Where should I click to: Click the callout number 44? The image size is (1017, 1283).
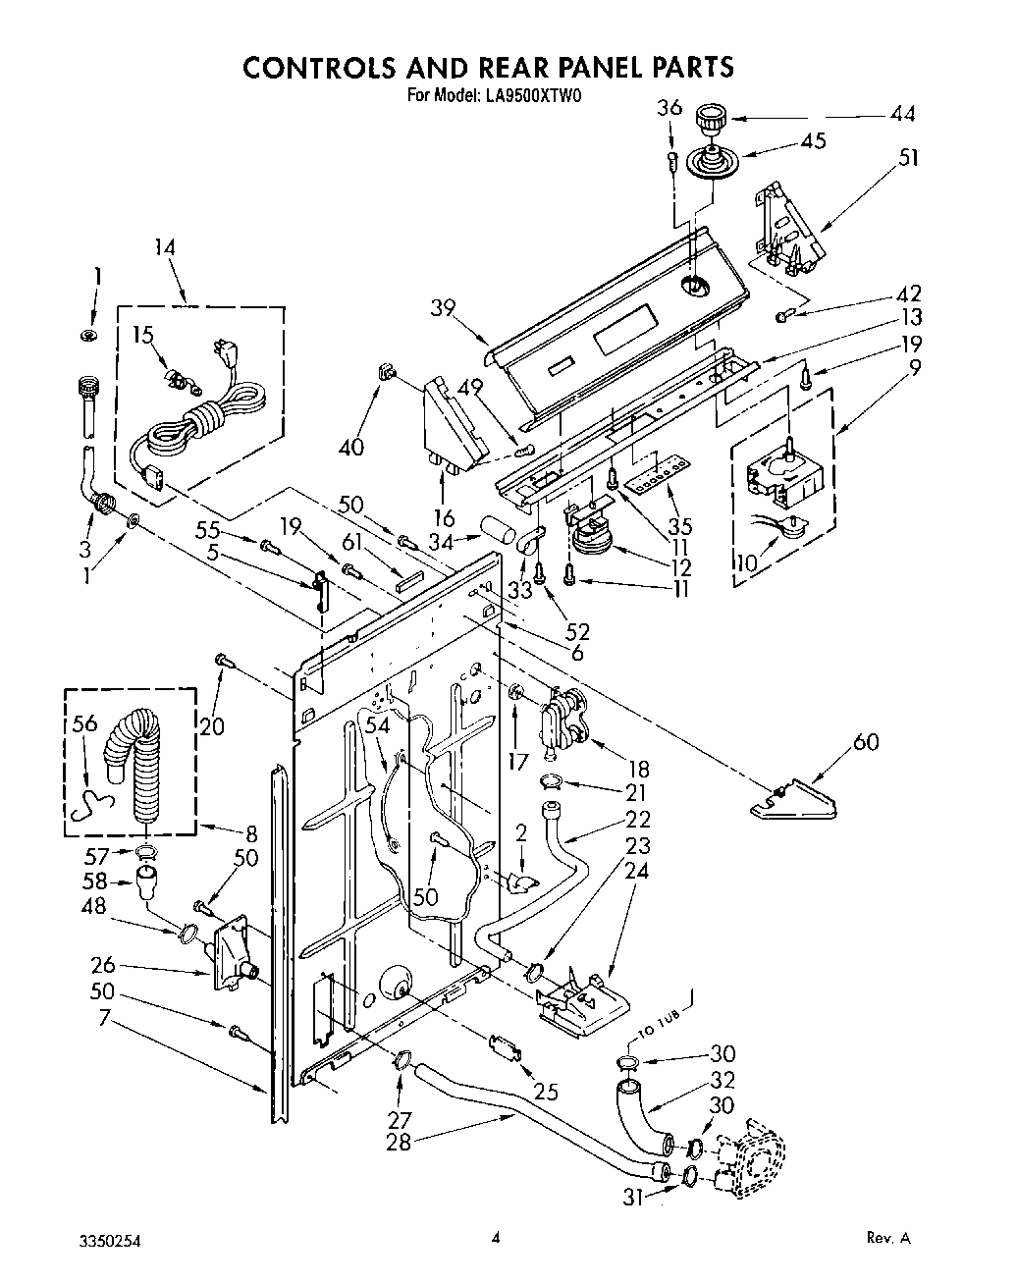point(901,115)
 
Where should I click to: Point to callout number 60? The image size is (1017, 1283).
point(865,741)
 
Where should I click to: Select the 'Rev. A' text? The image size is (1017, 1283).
point(888,1239)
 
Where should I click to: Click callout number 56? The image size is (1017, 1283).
point(85,723)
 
